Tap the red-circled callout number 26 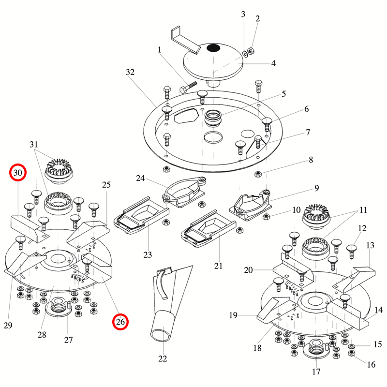[120, 321]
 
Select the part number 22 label [163, 358]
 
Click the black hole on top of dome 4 [213, 48]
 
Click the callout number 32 [130, 72]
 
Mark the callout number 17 [316, 372]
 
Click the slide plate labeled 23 [141, 216]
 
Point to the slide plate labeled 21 [208, 228]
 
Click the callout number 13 [370, 245]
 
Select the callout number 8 [311, 159]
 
